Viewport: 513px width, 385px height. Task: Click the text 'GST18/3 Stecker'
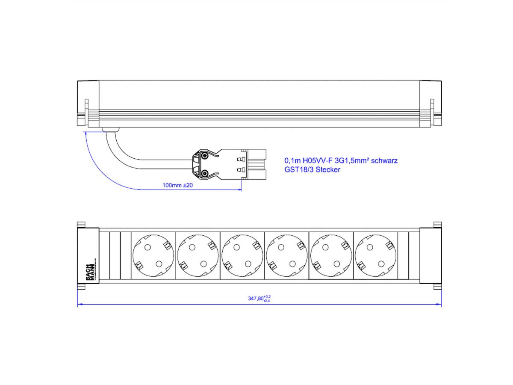pyautogui.click(x=313, y=170)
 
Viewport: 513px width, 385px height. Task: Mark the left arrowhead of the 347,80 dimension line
pyautogui.click(x=80, y=305)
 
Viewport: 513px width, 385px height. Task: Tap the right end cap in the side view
pyautogui.click(x=431, y=104)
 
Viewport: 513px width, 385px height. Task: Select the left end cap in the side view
pyautogui.click(x=88, y=104)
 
